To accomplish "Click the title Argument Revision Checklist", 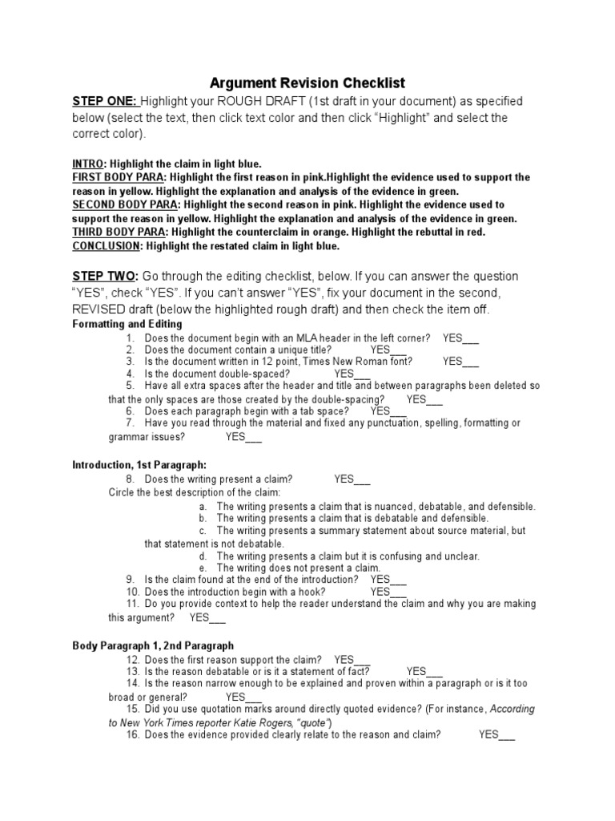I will point(307,83).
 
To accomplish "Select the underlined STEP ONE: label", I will point(106,101).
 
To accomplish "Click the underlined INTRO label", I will point(88,164).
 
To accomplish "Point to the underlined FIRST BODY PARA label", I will point(119,176).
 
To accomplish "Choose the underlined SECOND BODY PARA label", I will point(125,205).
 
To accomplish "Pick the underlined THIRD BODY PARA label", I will point(119,232).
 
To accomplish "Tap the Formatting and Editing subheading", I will point(127,324).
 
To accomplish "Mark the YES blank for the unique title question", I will point(389,350).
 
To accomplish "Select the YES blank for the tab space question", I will point(388,410).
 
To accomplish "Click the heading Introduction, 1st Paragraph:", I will point(139,464).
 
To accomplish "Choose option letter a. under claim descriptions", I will point(203,507).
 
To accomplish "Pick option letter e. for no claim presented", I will point(203,568).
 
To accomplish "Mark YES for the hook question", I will point(388,592).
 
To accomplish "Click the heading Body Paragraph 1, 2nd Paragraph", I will point(153,645).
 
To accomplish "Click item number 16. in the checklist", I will point(134,734).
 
